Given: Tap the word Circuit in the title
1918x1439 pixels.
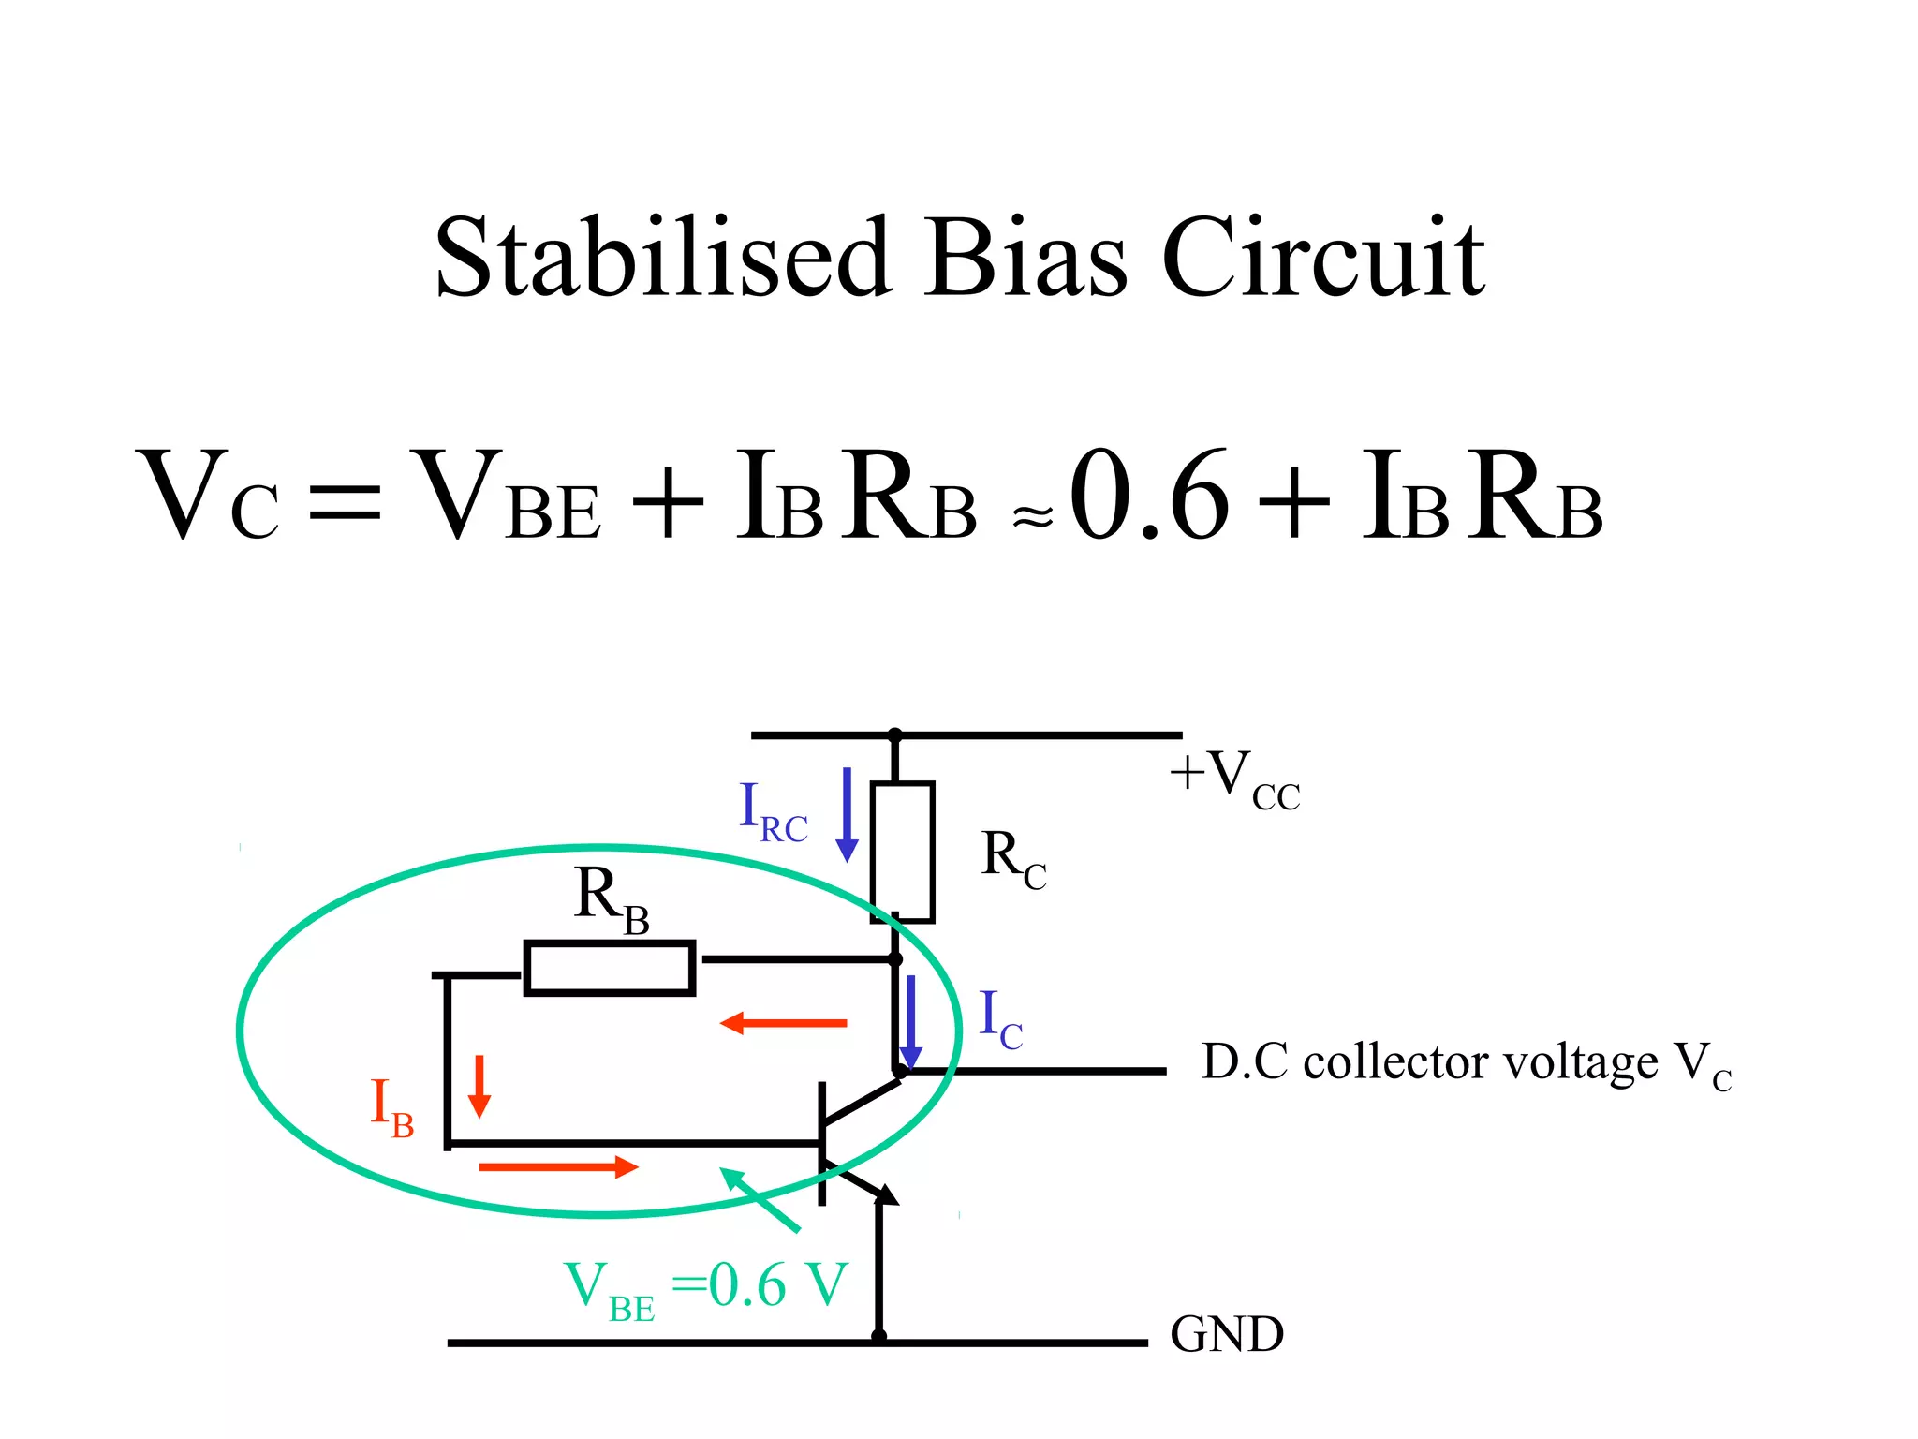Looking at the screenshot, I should tap(1322, 258).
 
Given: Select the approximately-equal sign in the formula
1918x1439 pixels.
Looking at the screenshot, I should tap(1032, 515).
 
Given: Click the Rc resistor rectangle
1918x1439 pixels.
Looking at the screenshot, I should tap(902, 852).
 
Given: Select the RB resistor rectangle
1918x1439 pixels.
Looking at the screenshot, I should tap(609, 967).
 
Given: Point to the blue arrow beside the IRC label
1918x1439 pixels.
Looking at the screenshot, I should tap(847, 813).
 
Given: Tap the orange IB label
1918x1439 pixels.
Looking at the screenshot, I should tap(391, 1106).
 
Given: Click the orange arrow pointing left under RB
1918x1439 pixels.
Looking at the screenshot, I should tap(783, 1023).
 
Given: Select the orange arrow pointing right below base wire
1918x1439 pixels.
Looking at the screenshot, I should tap(558, 1166).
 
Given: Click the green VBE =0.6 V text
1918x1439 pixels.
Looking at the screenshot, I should tap(705, 1287).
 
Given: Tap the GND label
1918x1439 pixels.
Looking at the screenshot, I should tap(1226, 1334).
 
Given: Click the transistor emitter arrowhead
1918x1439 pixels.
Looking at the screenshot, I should tap(886, 1194).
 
